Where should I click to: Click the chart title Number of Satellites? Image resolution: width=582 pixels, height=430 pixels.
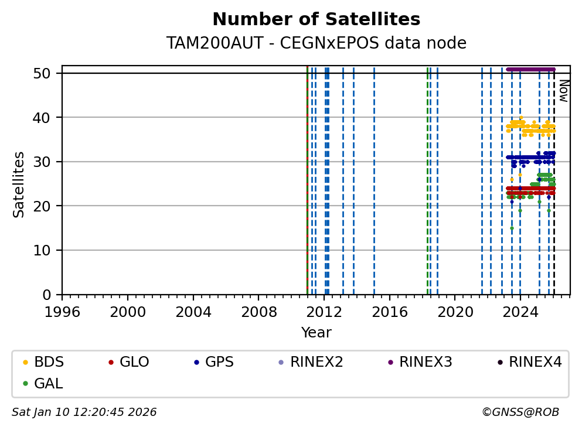pyautogui.click(x=316, y=20)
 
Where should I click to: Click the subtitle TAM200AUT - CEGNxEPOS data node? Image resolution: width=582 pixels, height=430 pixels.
pyautogui.click(x=316, y=43)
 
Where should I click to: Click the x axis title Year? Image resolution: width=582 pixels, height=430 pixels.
pyautogui.click(x=316, y=333)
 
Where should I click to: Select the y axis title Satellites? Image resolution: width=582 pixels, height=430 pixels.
pyautogui.click(x=19, y=184)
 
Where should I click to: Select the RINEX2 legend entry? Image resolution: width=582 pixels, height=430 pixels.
pyautogui.click(x=311, y=362)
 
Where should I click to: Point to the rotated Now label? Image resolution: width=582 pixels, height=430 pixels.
pyautogui.click(x=563, y=91)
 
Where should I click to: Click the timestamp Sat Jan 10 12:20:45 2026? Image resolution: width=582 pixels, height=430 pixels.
pyautogui.click(x=84, y=412)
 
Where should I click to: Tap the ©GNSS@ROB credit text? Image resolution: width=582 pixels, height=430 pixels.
pyautogui.click(x=520, y=412)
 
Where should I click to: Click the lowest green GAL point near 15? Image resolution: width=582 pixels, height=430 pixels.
pyautogui.click(x=512, y=228)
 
